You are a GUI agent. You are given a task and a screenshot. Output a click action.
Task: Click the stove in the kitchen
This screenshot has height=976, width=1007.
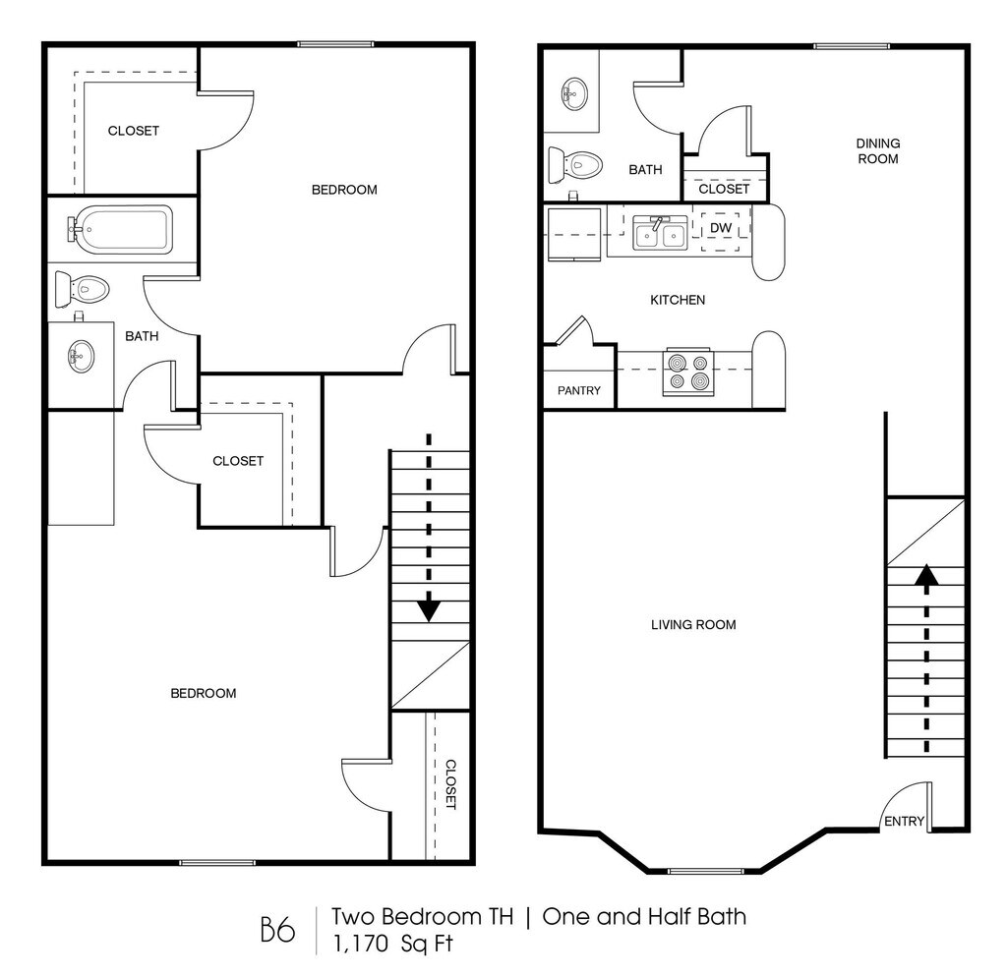point(686,372)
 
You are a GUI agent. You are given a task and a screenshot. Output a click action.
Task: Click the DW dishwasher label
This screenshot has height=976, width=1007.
point(721,228)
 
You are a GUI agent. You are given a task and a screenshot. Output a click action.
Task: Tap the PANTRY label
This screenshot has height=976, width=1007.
point(579,390)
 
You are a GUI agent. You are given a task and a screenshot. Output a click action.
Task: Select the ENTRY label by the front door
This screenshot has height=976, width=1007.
point(904,822)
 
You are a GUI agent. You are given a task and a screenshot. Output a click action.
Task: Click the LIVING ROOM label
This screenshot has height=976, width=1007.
point(693,624)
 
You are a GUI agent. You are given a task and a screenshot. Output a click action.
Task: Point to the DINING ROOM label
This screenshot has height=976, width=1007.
point(877,150)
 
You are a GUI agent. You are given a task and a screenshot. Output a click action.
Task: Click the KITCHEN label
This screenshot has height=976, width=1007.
point(678,300)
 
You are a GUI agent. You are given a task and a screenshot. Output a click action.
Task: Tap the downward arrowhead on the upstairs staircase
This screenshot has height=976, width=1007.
point(428,610)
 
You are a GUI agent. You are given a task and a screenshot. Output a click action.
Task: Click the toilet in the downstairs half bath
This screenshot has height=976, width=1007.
point(575,164)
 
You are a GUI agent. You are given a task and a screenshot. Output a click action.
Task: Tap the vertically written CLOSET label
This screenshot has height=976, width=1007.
point(450,783)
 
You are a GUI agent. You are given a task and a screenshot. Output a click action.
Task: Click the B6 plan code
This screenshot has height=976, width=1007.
point(277,930)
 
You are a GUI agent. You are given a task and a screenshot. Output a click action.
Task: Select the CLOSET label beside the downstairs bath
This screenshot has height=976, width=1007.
point(724,189)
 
